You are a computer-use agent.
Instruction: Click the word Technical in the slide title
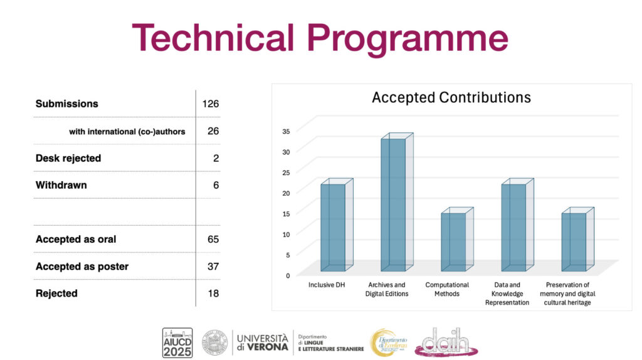tap(213, 38)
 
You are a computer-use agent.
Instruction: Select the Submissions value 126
tap(210, 103)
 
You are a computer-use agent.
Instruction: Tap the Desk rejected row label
tap(68, 158)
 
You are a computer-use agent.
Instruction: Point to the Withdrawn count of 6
tap(216, 185)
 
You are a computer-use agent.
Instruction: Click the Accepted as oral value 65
tap(213, 239)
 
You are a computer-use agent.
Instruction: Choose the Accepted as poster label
tap(82, 267)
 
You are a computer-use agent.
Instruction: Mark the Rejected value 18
tap(213, 294)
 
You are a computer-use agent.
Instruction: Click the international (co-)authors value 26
tap(213, 131)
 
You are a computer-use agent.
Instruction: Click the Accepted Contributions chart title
tap(451, 98)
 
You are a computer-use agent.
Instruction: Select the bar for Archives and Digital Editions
tap(392, 204)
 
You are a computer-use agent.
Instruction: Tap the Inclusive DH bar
tap(333, 226)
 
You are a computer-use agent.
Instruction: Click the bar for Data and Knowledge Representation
tap(513, 226)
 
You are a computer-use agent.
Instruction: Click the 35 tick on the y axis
tap(286, 131)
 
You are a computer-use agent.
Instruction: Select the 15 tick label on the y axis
tap(286, 213)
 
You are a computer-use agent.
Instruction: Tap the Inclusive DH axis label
tap(327, 285)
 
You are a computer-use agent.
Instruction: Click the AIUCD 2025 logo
tap(177, 342)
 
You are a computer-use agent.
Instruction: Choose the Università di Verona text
tap(263, 342)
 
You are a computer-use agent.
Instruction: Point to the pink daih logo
tap(446, 342)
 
